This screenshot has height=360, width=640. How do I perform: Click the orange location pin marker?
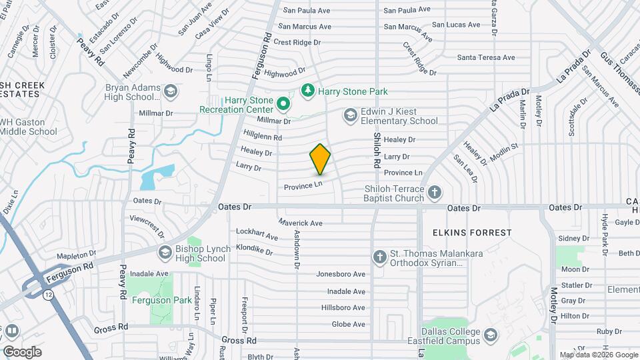[x=320, y=159]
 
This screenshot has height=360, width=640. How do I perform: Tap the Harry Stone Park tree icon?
[x=307, y=90]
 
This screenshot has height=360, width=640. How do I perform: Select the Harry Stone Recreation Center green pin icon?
[x=283, y=104]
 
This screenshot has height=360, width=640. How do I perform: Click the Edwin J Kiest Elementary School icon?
[x=350, y=115]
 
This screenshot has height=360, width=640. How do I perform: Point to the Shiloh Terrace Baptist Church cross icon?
[x=435, y=193]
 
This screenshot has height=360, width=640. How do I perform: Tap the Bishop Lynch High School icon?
[x=165, y=253]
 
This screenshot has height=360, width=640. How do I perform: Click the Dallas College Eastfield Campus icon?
[x=491, y=335]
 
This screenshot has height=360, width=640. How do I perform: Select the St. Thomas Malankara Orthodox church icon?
[x=380, y=257]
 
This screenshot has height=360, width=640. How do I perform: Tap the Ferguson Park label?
[x=161, y=300]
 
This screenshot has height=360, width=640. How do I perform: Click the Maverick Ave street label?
[x=300, y=223]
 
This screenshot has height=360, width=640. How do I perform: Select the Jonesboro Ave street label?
[x=341, y=274]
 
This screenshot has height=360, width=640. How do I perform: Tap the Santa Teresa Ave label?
[x=486, y=58]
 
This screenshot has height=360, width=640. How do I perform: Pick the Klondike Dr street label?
[x=254, y=251]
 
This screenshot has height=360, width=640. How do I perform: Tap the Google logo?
[x=22, y=352]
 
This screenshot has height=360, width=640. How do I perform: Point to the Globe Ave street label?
[x=349, y=325]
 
